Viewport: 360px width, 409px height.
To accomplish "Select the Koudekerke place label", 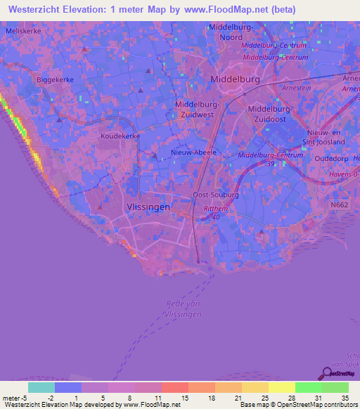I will tap(120, 136).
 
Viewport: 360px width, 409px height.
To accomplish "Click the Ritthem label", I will tap(215, 209).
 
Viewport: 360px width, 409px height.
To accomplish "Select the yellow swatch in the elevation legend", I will tap(282, 387).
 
